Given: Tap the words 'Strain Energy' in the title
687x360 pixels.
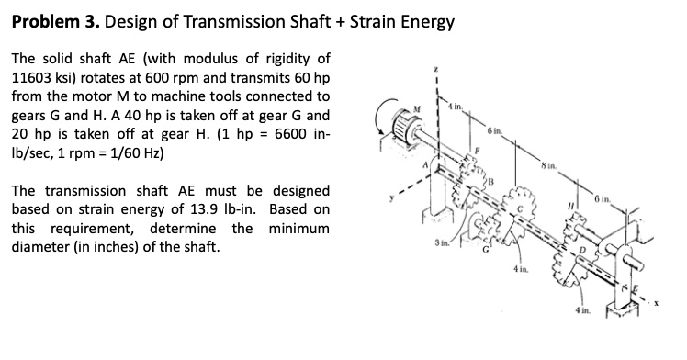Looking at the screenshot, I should point(404,21).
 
